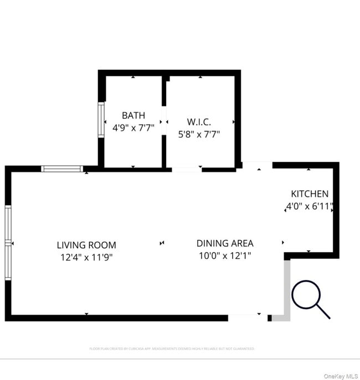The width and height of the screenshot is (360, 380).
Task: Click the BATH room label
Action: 133,116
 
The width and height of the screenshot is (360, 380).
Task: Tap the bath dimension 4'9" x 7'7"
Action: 133,127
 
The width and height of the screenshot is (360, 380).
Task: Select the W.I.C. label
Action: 199,121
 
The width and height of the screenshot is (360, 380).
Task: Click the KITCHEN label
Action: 310,194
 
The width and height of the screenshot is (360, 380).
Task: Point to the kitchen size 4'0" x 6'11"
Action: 310,207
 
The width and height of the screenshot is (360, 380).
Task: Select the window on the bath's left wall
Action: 101,119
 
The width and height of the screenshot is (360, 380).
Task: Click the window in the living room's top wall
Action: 63,169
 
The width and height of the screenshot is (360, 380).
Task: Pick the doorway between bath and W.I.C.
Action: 164,121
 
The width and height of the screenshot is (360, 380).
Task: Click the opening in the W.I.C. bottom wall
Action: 187,169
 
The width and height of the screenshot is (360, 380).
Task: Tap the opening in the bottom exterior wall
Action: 247,317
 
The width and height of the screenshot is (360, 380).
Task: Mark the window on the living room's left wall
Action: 8,242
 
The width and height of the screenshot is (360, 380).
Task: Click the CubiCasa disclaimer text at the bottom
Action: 172,348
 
